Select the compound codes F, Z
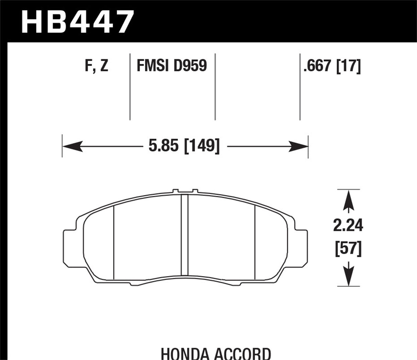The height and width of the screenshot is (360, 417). pos(96,65)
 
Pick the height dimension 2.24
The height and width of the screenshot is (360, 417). pos(348,226)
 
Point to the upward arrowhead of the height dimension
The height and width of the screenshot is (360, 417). pos(349,198)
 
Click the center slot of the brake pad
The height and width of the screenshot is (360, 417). pos(184,235)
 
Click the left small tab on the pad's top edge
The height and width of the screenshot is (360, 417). pos(176,190)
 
